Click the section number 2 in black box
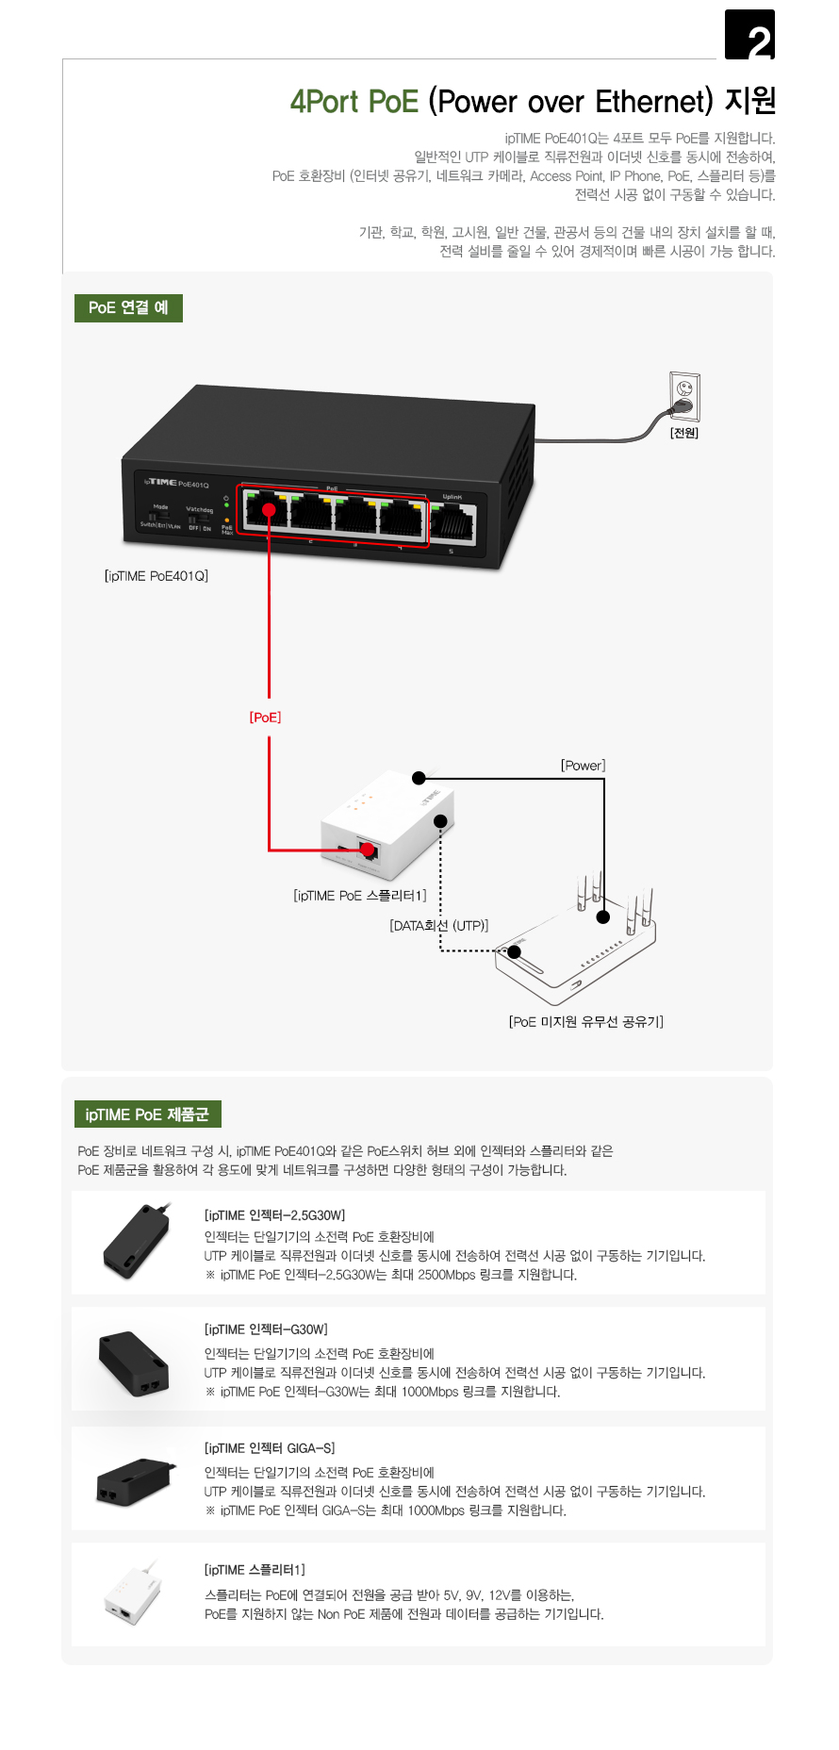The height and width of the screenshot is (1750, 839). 750,36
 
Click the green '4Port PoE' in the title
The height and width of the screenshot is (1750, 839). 354,102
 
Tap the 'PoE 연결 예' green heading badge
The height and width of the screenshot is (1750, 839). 128,307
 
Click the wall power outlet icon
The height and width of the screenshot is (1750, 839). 685,397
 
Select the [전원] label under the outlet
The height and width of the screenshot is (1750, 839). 684,433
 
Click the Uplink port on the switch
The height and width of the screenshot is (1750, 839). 452,520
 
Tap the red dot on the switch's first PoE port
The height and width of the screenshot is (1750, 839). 269,510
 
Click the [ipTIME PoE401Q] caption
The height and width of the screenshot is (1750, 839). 156,575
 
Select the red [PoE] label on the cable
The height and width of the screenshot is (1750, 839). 265,718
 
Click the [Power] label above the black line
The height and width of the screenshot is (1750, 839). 583,766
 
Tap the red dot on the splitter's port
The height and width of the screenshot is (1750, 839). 368,850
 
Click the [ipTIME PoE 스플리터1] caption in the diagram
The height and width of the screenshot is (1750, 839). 360,896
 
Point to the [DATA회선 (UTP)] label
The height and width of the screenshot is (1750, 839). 439,926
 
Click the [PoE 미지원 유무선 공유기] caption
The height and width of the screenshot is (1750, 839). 586,1022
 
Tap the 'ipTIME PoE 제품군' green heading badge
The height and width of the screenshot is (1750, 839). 147,1114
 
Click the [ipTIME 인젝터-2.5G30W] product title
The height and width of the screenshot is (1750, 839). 275,1215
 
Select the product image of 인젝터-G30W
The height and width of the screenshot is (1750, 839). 135,1362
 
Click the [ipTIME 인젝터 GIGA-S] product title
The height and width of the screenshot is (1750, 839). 270,1448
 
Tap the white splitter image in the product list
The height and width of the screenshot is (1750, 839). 132,1594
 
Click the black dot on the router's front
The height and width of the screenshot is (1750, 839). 514,951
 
